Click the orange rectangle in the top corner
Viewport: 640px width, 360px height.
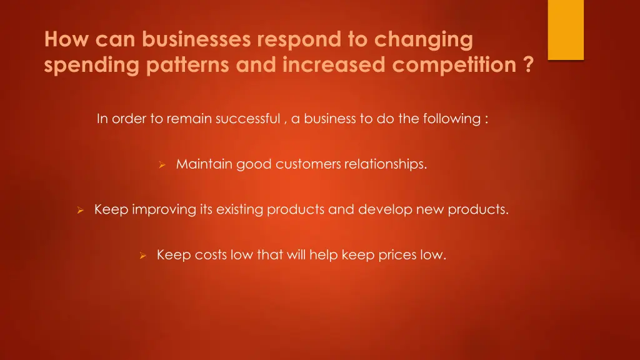coord(566,29)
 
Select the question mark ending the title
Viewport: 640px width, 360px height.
coord(529,65)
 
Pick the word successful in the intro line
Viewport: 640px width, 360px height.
coord(248,119)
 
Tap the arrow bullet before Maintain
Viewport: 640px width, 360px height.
coord(161,165)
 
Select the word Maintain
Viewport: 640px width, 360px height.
coord(204,164)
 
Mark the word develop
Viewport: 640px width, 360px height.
coord(384,210)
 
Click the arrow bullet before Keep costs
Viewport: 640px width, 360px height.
coord(142,256)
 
